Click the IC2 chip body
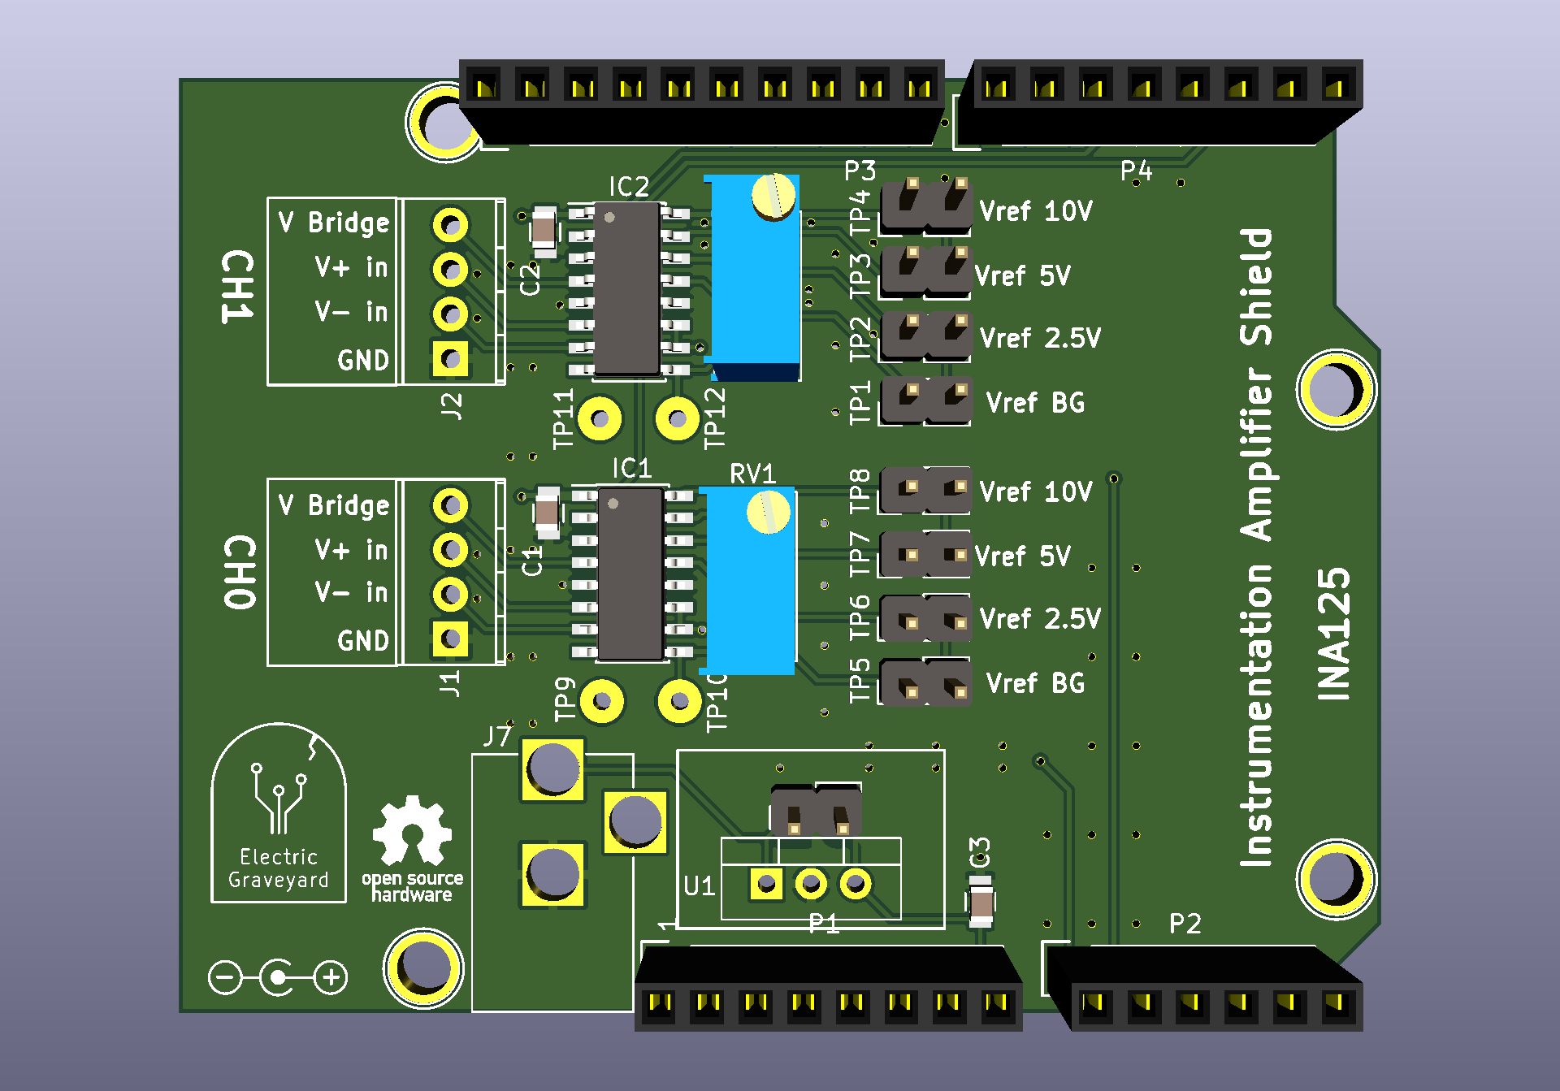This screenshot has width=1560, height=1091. click(626, 288)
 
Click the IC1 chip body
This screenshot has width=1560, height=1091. click(630, 574)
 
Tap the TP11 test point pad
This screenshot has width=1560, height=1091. click(600, 419)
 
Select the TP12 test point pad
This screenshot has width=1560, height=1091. click(677, 419)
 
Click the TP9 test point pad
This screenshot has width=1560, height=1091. click(602, 700)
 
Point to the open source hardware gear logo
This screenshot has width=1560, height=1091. click(412, 832)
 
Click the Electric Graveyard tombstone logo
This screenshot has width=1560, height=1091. click(279, 812)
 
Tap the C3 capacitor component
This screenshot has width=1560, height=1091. click(981, 902)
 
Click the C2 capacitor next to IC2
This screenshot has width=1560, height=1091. click(544, 230)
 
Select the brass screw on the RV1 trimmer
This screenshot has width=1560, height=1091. click(768, 513)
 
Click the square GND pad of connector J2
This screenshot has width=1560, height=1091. click(450, 358)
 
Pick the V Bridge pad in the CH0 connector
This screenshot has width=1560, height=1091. click(450, 505)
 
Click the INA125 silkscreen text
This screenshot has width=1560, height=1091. click(1333, 634)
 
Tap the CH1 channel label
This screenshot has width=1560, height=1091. click(238, 287)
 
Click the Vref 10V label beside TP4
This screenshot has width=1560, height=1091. click(1036, 211)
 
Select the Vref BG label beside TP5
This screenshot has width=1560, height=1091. click(1035, 683)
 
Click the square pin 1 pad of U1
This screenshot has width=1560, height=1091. click(765, 883)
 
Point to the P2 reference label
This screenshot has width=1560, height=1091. click(1185, 924)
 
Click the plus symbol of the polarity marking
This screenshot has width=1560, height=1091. click(331, 977)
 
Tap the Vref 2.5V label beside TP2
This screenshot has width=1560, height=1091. click(1040, 338)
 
